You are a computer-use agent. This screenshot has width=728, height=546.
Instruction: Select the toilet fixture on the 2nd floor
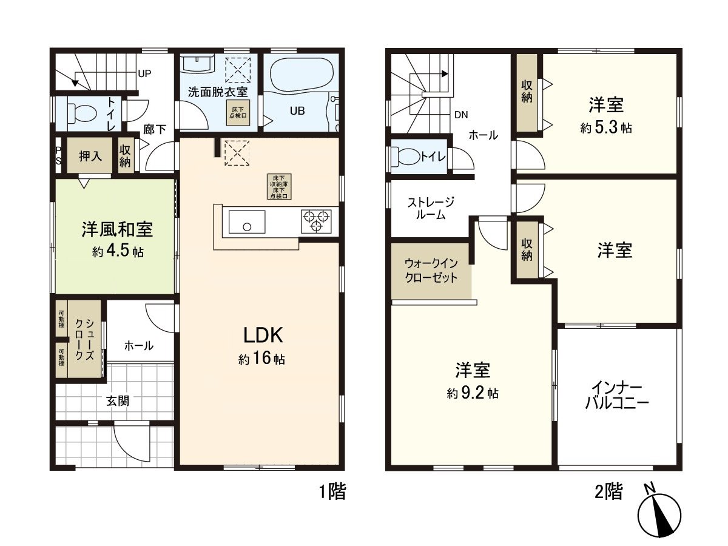(x=408, y=157)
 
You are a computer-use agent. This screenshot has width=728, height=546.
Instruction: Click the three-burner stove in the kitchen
(x=316, y=220)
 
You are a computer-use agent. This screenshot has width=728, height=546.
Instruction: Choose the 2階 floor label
(x=608, y=491)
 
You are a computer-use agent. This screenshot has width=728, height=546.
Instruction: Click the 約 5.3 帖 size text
(x=605, y=128)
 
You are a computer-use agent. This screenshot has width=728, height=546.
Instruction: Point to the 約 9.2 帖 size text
(x=473, y=393)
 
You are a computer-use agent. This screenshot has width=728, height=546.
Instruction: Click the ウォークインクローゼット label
(x=430, y=271)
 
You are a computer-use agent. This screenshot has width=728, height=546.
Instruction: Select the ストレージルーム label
(x=430, y=208)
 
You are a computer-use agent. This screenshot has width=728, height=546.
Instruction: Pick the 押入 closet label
(x=91, y=156)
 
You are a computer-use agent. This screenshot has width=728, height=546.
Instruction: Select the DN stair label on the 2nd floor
(x=460, y=114)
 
